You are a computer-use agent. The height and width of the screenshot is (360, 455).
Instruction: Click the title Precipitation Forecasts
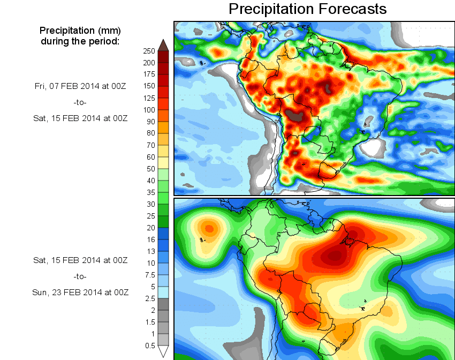pos(307,9)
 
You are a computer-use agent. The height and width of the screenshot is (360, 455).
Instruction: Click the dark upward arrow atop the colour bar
pos(164,44)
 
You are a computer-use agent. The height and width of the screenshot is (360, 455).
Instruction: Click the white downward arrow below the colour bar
pos(164,351)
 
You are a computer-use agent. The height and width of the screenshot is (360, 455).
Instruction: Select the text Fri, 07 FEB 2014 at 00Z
pos(80,86)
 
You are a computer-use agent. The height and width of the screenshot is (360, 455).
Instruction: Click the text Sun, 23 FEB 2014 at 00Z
pos(80,292)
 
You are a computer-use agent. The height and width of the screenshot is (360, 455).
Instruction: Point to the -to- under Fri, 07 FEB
pos(80,102)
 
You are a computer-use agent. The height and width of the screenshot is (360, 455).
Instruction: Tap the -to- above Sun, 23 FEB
pos(80,276)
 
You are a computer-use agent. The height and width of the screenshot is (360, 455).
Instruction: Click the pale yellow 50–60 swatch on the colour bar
pos(164,163)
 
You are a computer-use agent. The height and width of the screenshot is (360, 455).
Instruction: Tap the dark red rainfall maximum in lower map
pos(336,256)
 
